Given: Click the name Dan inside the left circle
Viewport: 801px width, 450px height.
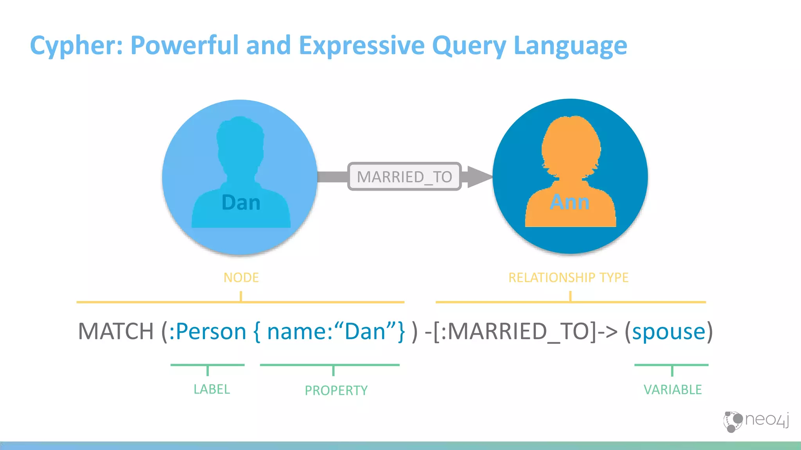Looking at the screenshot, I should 241,203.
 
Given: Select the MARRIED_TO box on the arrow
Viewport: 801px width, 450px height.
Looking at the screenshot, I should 404,177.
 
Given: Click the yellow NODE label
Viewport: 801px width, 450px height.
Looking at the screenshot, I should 241,277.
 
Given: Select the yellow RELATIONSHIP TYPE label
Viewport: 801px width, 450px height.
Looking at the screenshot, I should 568,277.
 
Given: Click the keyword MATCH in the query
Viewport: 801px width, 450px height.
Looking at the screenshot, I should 116,331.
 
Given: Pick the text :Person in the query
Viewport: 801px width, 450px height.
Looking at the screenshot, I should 207,331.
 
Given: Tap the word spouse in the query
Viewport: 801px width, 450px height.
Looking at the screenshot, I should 669,331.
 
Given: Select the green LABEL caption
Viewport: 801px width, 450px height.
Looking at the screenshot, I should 212,389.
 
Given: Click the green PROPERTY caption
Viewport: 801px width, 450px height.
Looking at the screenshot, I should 336,390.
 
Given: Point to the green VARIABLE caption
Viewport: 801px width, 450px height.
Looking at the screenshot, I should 673,389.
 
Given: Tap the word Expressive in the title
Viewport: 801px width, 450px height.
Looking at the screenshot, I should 361,46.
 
